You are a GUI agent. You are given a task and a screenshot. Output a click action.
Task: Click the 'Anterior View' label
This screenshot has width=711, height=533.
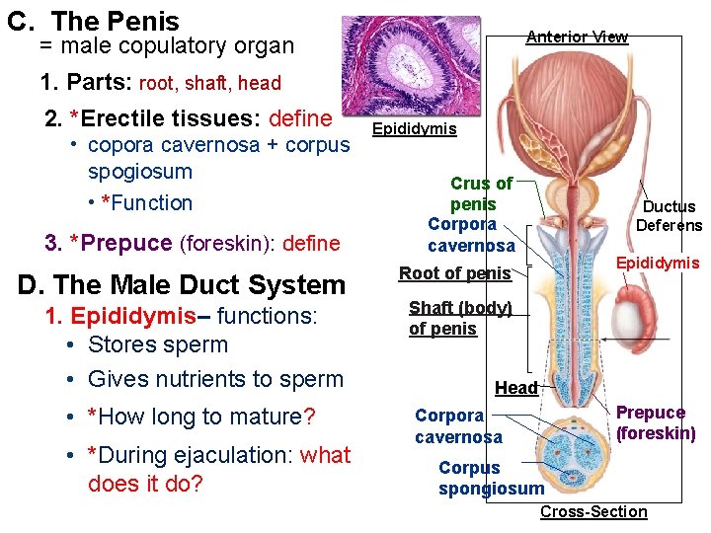click(x=577, y=37)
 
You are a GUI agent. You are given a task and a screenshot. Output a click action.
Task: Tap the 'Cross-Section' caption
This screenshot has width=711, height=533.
click(x=593, y=511)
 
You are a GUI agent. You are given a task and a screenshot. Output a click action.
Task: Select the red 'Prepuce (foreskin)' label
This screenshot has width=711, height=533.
click(x=656, y=422)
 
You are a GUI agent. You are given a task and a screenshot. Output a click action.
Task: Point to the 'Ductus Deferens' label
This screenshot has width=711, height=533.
click(x=669, y=216)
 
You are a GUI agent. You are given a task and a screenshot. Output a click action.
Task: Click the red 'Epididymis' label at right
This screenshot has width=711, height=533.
click(x=658, y=263)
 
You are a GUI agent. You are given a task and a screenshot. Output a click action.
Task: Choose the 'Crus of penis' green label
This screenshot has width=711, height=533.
click(x=481, y=193)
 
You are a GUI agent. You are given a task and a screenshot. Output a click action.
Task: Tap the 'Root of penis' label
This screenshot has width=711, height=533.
click(x=454, y=273)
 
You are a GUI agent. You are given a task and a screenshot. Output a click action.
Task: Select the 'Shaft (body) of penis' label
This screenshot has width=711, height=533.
click(x=459, y=318)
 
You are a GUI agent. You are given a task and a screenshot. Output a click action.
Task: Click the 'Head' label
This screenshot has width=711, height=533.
click(x=515, y=388)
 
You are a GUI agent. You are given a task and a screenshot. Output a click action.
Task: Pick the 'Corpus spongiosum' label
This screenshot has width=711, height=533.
click(x=491, y=478)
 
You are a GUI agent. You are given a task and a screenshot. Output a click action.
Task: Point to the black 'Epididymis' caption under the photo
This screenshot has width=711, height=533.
click(x=414, y=129)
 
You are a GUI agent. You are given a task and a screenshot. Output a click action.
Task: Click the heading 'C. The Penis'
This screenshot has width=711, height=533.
click(x=93, y=21)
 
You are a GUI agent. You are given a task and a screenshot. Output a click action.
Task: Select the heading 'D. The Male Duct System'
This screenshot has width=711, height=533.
click(x=182, y=285)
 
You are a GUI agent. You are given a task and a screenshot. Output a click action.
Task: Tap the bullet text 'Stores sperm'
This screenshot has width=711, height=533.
click(x=158, y=344)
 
